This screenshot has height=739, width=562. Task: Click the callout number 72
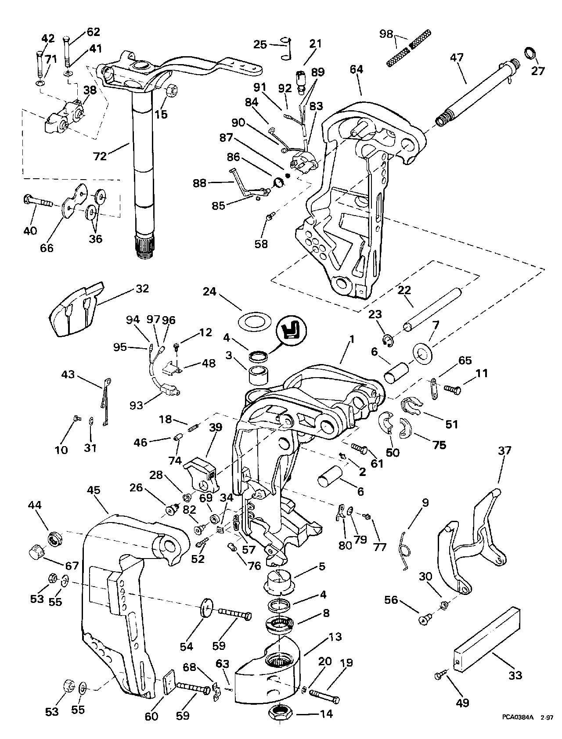click(x=100, y=156)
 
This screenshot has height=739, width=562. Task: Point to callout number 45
click(x=94, y=490)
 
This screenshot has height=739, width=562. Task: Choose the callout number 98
click(x=386, y=34)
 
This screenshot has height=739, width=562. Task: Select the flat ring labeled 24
click(x=253, y=322)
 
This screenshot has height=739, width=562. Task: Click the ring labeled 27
click(x=530, y=54)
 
